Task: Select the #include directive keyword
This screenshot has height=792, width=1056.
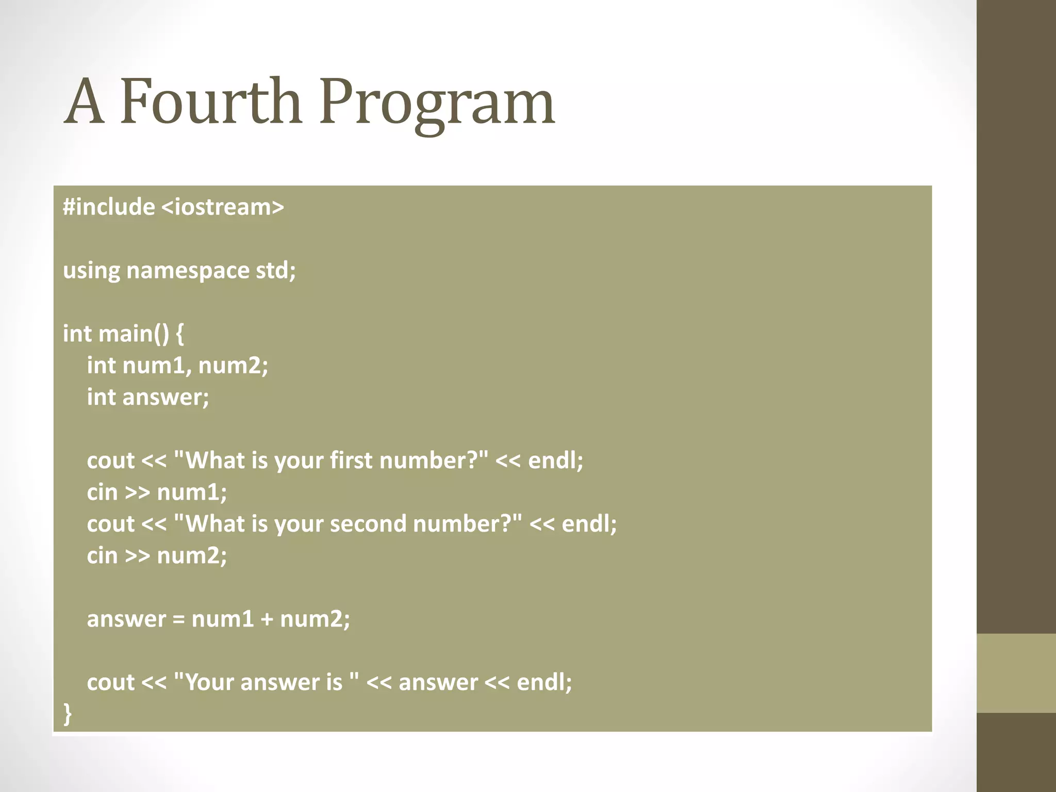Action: [109, 207]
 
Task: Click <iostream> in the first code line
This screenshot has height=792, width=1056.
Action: [223, 207]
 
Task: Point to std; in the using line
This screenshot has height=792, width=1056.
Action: [276, 270]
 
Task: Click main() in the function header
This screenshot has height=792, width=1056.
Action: [134, 334]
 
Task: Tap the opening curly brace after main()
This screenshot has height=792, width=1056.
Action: [179, 334]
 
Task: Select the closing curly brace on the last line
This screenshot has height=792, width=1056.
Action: [68, 714]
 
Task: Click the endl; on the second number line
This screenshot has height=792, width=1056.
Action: [589, 524]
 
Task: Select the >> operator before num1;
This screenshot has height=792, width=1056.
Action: [137, 492]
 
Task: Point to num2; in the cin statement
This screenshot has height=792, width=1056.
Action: [192, 556]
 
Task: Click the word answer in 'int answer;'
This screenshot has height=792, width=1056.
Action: [166, 397]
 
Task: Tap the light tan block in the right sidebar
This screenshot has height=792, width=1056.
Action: [1016, 673]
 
